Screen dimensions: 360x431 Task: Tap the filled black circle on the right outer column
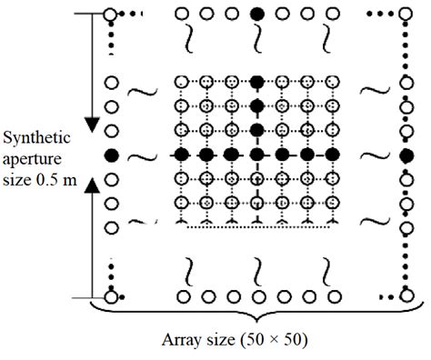tap(406, 156)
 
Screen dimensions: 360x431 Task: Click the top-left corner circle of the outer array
tap(112, 14)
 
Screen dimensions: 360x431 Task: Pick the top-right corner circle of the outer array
tap(406, 14)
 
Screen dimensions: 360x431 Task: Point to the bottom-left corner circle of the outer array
tap(112, 296)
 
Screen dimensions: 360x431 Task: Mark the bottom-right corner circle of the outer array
tap(406, 296)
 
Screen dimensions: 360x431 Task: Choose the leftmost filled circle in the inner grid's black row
tap(181, 156)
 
